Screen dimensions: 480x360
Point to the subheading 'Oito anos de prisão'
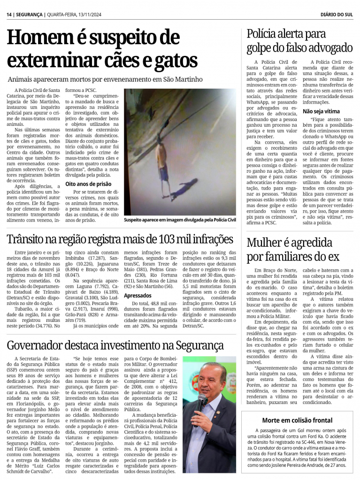tap(88, 184)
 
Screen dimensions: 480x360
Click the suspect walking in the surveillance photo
tap(162, 164)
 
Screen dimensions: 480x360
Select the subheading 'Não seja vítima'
tap(321, 112)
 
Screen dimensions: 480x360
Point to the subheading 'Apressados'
tap(137, 296)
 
